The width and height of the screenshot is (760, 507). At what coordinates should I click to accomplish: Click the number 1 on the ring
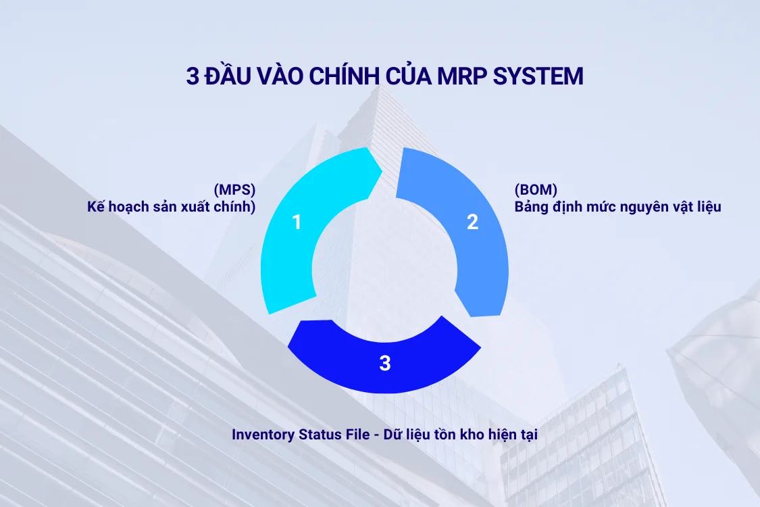296,222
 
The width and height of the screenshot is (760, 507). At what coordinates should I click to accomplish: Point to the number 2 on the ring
472,222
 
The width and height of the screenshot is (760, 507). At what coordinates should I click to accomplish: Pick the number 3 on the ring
384,364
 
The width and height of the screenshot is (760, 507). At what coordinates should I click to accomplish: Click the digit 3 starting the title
192,76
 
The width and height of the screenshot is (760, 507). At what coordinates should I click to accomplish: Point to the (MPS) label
234,190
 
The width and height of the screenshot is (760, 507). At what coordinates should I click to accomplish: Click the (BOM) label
536,190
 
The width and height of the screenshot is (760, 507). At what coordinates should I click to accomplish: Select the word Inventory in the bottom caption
263,435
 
